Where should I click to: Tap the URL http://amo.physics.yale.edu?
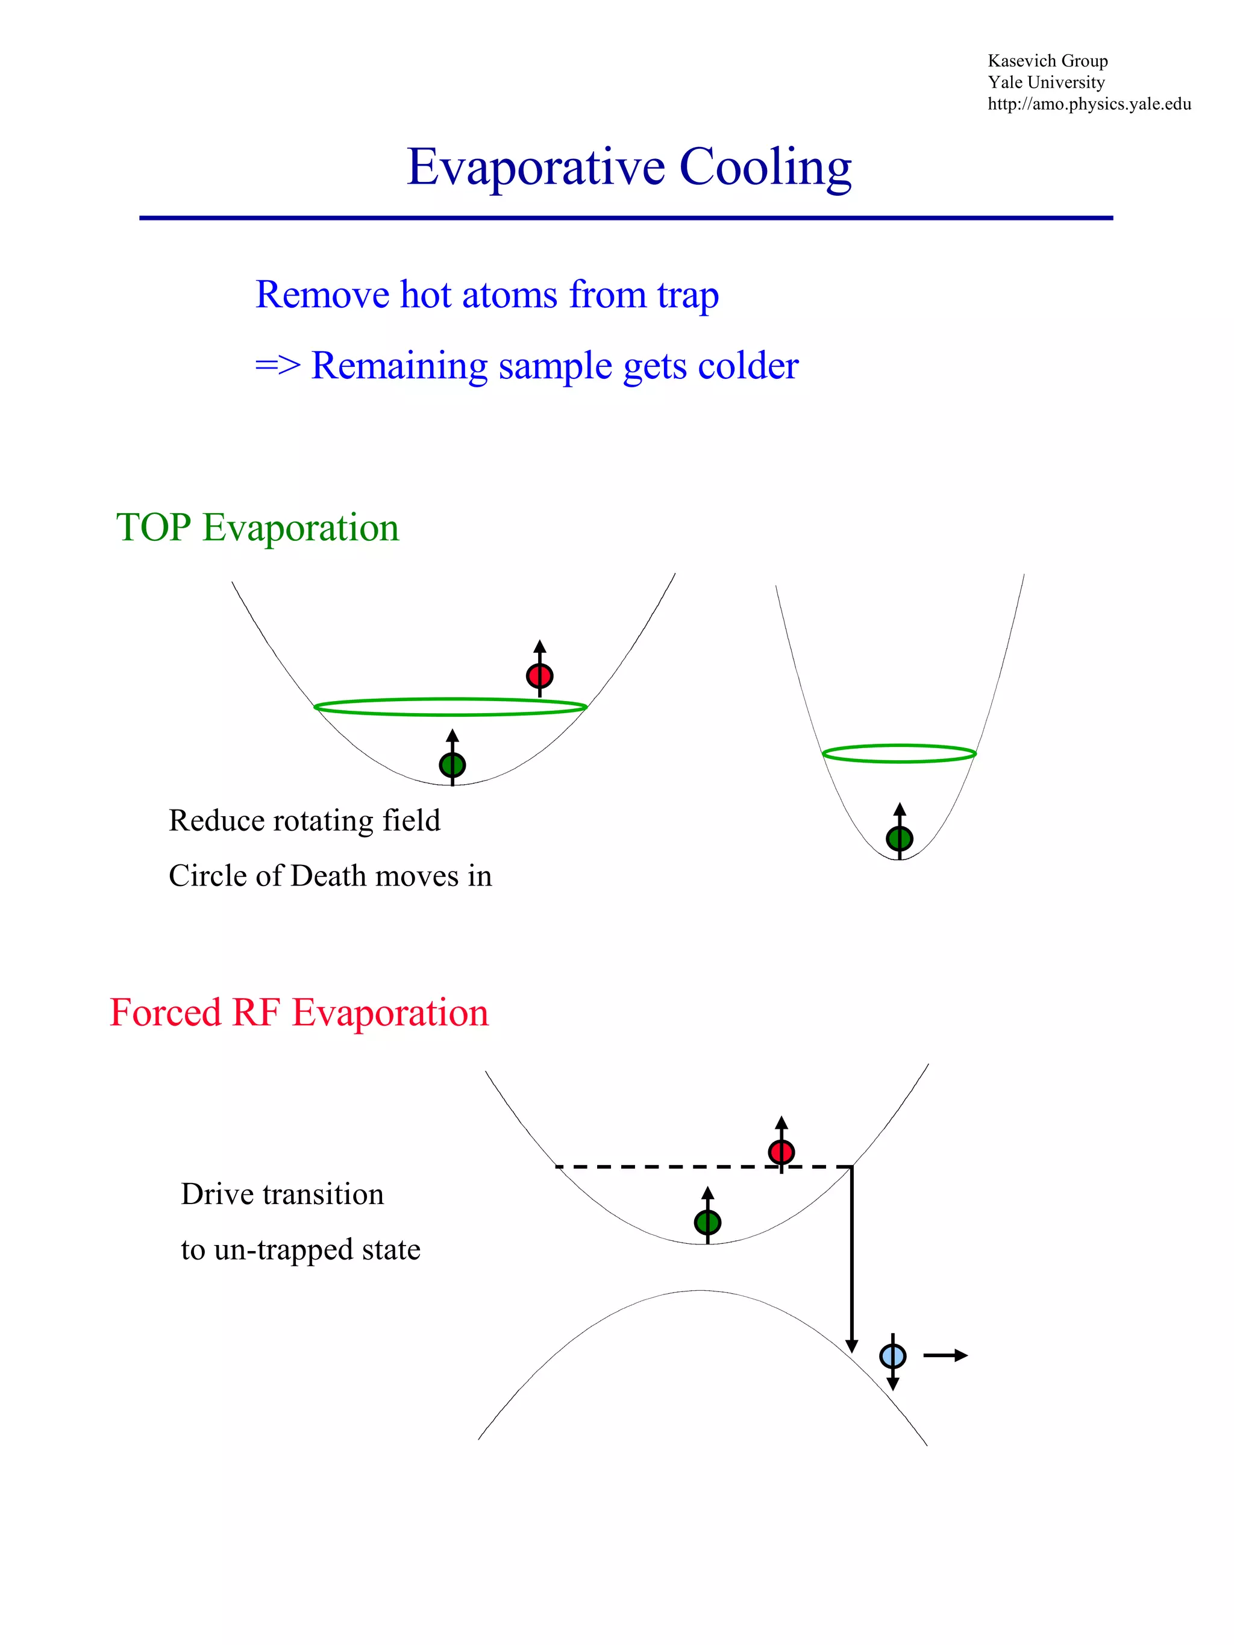pyautogui.click(x=1088, y=104)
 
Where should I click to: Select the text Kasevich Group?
pyautogui.click(x=1047, y=61)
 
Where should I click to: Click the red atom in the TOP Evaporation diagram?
pyautogui.click(x=539, y=675)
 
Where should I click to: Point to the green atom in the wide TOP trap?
pyautogui.click(x=453, y=764)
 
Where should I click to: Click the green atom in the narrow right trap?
pyautogui.click(x=899, y=838)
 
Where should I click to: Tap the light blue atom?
pyautogui.click(x=892, y=1356)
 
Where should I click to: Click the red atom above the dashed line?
pyautogui.click(x=781, y=1152)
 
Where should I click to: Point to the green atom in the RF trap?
pyautogui.click(x=707, y=1222)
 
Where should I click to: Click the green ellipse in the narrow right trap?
pyautogui.click(x=898, y=754)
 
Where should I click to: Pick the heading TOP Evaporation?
pyautogui.click(x=257, y=528)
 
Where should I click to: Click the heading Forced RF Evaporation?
pyautogui.click(x=299, y=1013)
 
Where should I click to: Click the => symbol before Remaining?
pyautogui.click(x=277, y=366)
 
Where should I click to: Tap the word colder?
pyautogui.click(x=748, y=366)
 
